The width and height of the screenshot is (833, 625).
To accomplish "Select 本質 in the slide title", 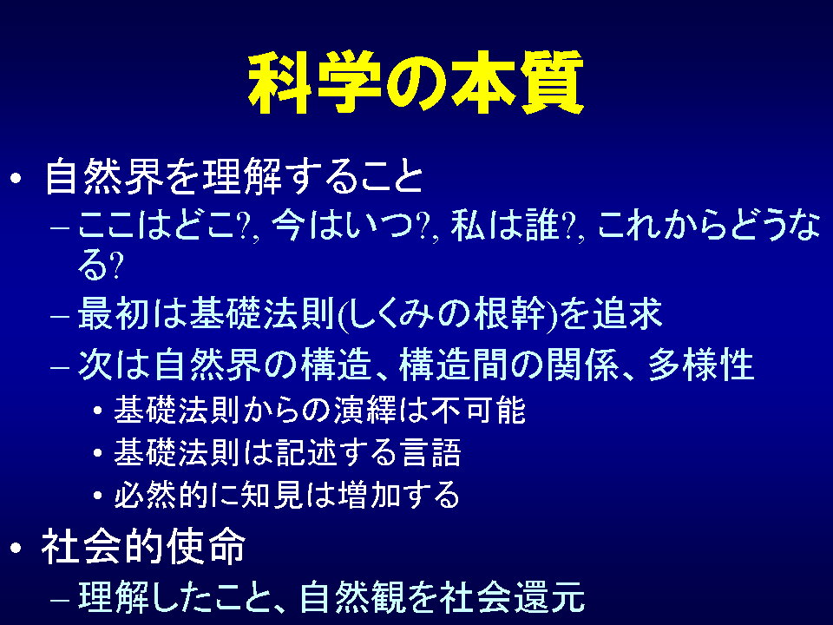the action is tap(517, 82).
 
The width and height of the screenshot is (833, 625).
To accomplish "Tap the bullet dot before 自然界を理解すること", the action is tap(16, 177).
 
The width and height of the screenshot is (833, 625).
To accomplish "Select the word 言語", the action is tap(431, 453).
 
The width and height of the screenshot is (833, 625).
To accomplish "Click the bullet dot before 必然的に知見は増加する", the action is tap(97, 496).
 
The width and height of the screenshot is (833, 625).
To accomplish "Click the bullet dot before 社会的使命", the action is tap(16, 548).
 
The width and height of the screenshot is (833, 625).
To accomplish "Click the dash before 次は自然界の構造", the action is tap(60, 366).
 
